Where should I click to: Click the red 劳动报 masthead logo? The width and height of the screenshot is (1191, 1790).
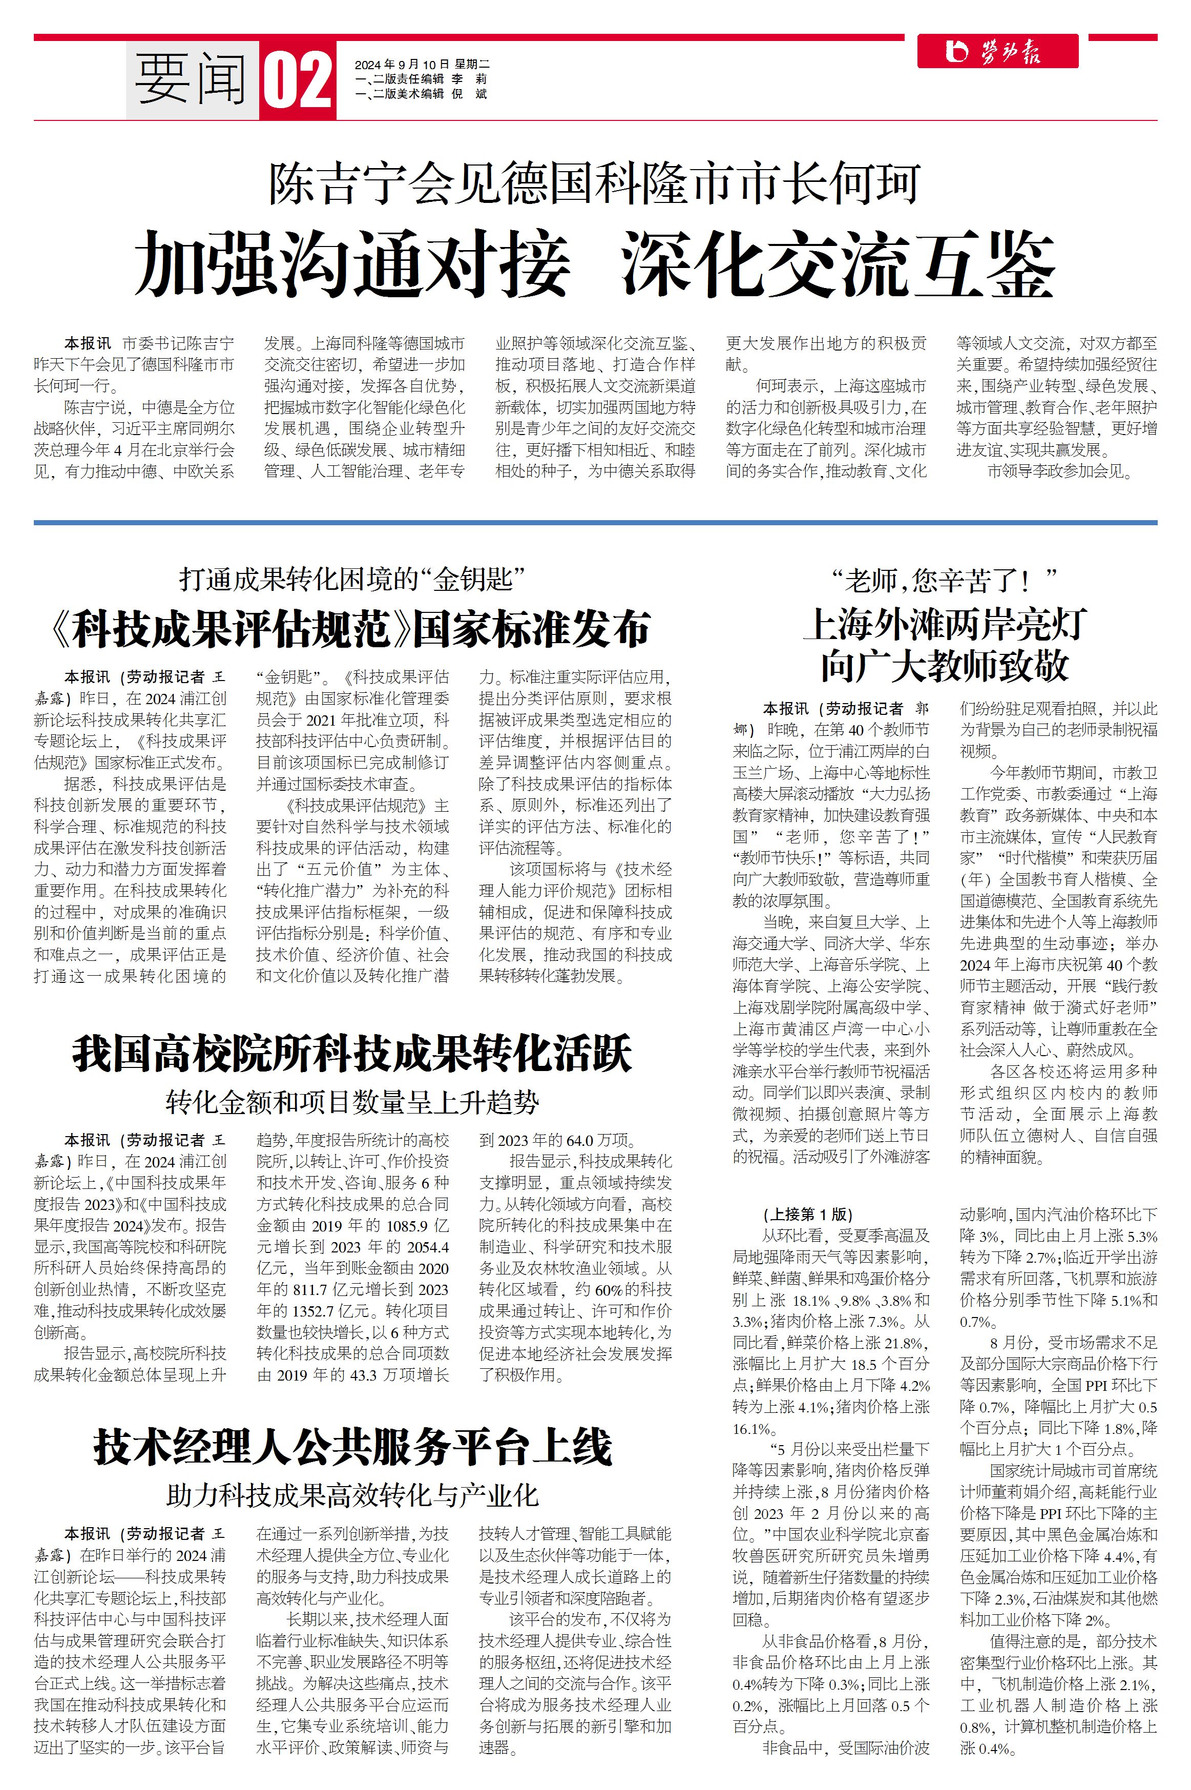pos(996,52)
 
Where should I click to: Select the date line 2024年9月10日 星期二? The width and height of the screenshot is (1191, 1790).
pos(422,65)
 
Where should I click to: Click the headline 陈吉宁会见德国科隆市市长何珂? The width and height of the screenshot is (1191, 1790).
pos(595,184)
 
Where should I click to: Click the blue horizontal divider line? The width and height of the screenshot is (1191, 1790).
pos(595,523)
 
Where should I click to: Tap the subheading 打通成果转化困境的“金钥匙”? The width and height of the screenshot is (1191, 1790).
pos(352,580)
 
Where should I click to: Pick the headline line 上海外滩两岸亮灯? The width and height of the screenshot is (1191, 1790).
pos(944,625)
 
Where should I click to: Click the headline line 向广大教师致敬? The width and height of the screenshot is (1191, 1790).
pos(944,666)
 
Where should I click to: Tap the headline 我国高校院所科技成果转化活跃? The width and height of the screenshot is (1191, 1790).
pos(352,1055)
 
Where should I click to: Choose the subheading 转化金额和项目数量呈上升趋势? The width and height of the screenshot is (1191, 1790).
pos(352,1102)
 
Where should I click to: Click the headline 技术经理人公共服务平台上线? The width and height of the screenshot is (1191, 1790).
pos(352,1447)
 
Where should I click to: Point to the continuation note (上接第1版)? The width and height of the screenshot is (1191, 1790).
pos(808,1214)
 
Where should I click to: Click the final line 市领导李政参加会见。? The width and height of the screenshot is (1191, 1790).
pos(1060,471)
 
